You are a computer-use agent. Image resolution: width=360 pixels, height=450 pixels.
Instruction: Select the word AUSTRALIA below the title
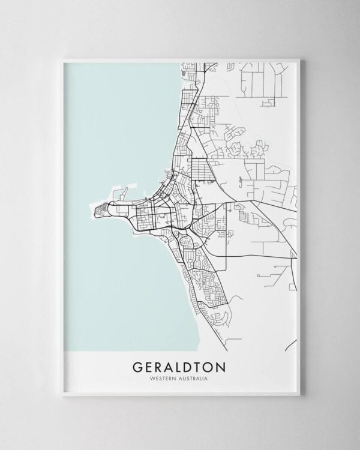coord(195,378)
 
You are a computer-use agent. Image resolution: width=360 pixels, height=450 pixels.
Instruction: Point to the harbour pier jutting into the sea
coord(124,195)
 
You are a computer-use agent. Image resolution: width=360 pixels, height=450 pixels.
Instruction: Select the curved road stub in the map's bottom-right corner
coord(292,345)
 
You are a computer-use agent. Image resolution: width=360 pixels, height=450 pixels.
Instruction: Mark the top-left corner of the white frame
coord(62,59)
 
